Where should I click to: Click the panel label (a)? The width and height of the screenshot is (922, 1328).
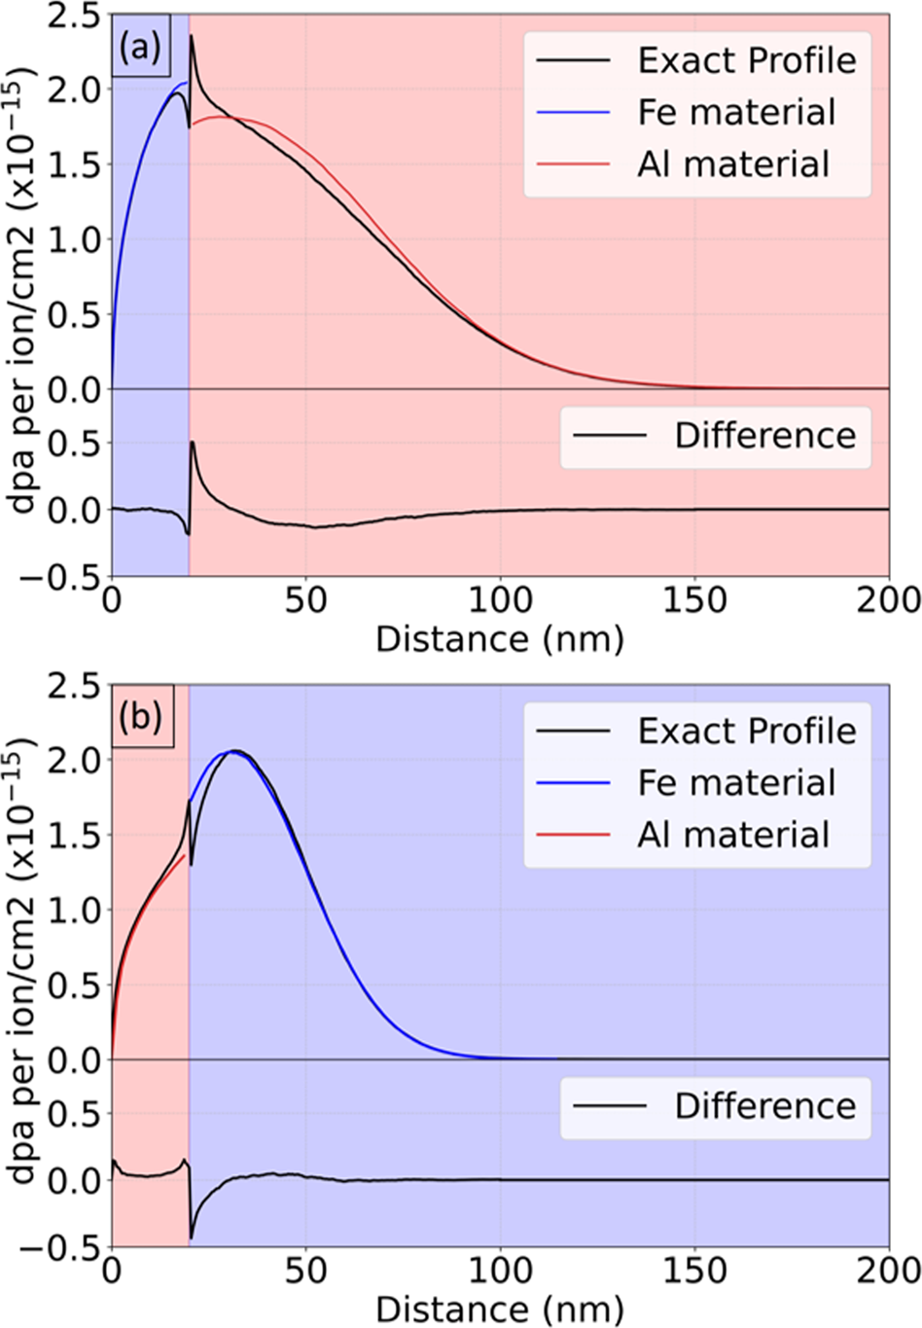[141, 47]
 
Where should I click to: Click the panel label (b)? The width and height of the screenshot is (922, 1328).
[141, 717]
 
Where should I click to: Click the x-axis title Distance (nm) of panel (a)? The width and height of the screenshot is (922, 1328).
[499, 639]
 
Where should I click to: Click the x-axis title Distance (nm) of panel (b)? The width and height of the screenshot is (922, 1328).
[499, 1310]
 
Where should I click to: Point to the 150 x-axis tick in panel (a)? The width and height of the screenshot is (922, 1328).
[694, 600]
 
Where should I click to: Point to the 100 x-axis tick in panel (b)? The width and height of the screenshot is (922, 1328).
[500, 1271]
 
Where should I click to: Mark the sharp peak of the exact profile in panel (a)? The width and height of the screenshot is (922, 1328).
[192, 37]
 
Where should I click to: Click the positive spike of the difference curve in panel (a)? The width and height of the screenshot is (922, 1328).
[193, 443]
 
